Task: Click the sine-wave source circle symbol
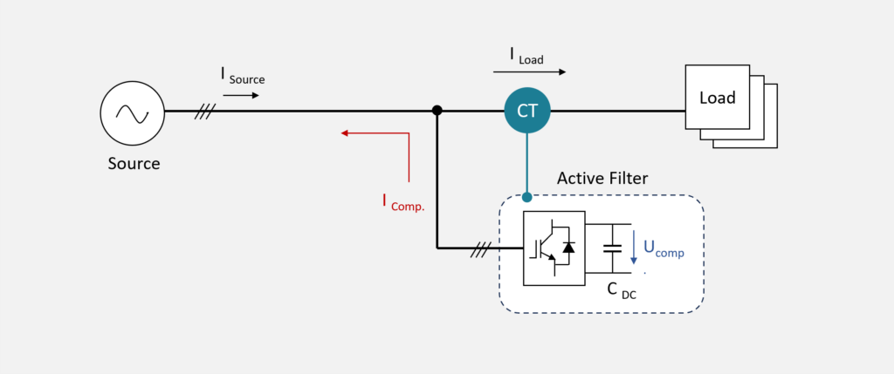pos(133,112)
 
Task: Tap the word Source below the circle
pos(134,163)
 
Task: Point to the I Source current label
pos(241,77)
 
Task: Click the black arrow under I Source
pos(241,94)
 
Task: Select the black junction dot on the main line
pos(437,111)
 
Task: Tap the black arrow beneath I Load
pos(538,72)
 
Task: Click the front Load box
pos(717,97)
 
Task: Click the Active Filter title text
pos(602,179)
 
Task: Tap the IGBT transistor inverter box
pos(554,248)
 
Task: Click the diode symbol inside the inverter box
pos(569,247)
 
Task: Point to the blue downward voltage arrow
pos(634,248)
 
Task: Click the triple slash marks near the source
pos(205,112)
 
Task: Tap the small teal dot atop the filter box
pos(527,197)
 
